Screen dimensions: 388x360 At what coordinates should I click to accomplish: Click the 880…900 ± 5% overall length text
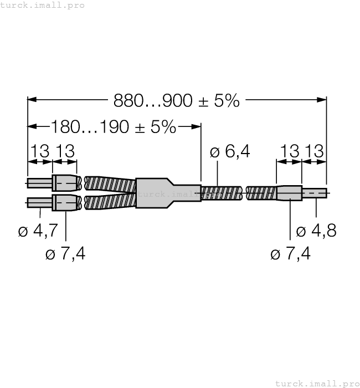(x=177, y=100)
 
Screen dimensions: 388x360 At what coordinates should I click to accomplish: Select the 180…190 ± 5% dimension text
(x=114, y=127)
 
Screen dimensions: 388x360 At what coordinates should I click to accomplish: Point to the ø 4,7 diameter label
(x=38, y=231)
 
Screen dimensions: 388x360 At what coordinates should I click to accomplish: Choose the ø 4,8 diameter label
(x=316, y=231)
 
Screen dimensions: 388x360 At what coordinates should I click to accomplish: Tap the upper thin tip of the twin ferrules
(x=40, y=183)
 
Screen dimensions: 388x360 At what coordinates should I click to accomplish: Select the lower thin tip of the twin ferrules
(x=40, y=203)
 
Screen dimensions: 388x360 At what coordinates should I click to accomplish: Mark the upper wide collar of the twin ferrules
(x=66, y=183)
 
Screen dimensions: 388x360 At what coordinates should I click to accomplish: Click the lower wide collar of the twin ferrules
(x=66, y=203)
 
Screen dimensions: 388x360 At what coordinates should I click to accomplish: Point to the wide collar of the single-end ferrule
(x=289, y=193)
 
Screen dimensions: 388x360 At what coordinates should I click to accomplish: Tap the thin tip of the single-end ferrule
(x=313, y=193)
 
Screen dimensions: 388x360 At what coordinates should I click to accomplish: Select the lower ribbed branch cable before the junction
(x=110, y=202)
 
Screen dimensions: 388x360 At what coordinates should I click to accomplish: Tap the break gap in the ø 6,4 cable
(x=244, y=193)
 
